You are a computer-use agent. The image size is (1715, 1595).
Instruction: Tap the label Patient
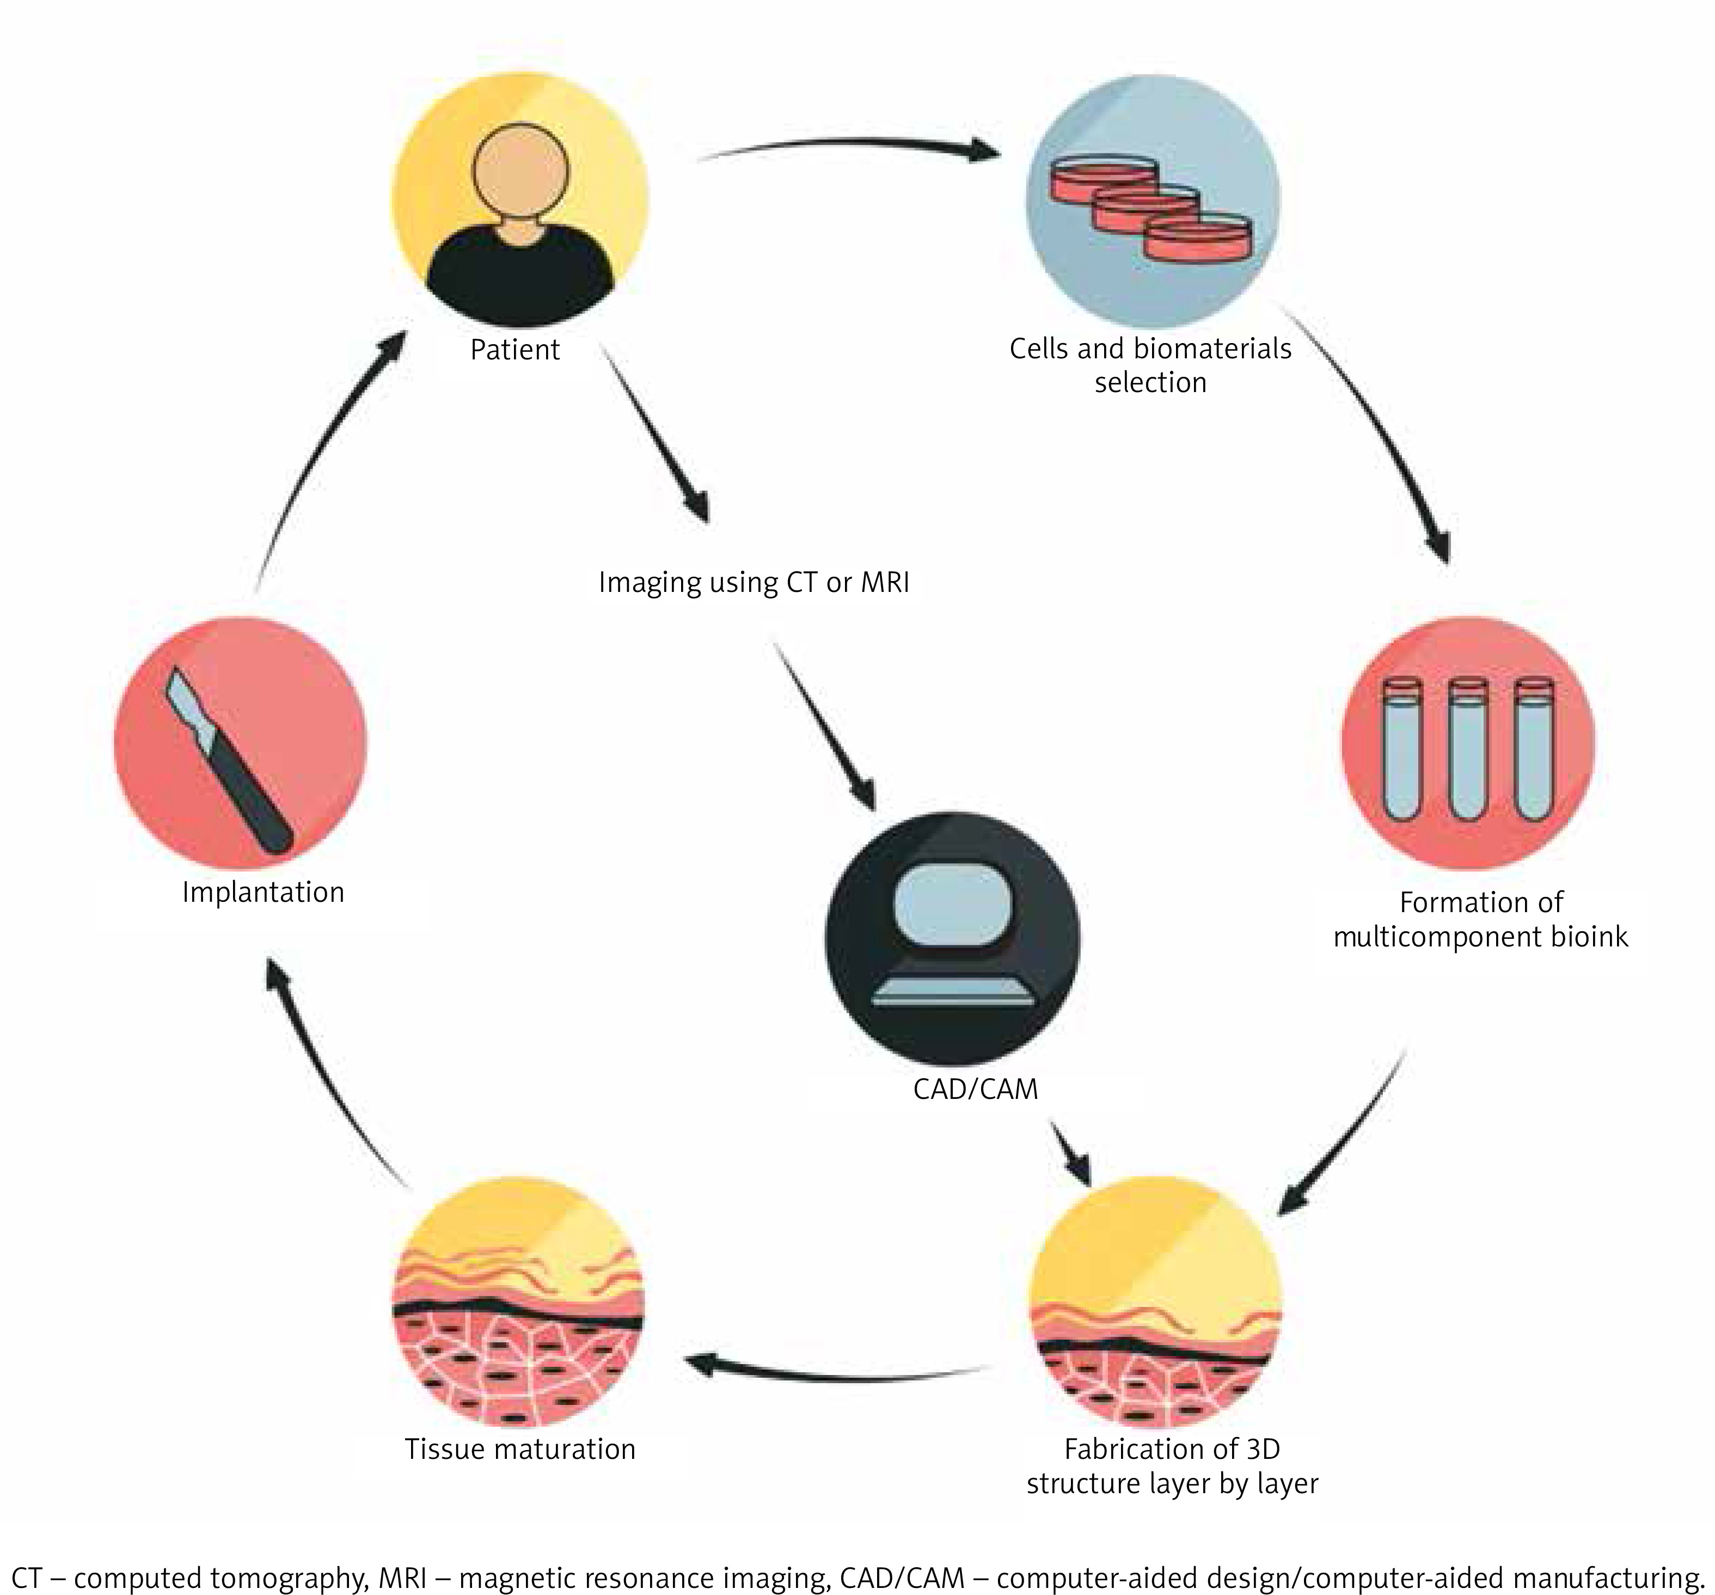pos(515,350)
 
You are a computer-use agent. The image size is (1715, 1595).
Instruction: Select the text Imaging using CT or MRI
pos(754,582)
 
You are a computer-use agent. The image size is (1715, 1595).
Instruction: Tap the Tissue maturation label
pos(520,1449)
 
